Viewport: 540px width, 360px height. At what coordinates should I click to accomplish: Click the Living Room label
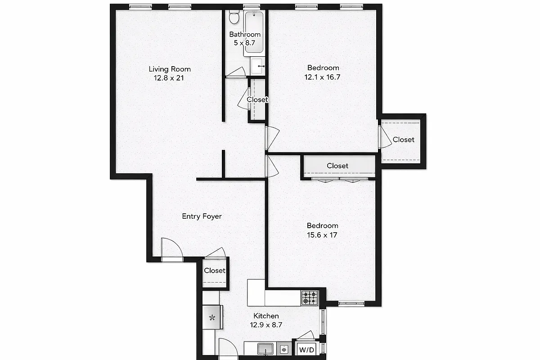(x=170, y=69)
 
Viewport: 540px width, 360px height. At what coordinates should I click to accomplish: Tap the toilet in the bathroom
(x=234, y=18)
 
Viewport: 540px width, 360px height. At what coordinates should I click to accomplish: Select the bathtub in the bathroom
(x=254, y=33)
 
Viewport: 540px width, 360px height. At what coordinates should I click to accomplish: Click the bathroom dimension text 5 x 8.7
(x=245, y=43)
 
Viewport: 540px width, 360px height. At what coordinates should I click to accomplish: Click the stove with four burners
(x=309, y=298)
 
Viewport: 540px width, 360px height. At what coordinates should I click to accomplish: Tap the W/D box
(x=306, y=349)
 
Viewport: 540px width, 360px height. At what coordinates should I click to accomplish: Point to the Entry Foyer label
(x=202, y=216)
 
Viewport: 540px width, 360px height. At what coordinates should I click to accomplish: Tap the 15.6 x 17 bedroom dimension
(x=322, y=235)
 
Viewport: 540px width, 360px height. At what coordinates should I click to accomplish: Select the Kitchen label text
(x=266, y=316)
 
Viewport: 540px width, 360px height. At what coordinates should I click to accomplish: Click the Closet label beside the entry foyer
(x=215, y=270)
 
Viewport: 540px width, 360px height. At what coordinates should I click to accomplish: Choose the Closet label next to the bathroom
(x=257, y=99)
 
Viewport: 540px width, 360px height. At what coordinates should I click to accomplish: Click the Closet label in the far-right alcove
(x=403, y=139)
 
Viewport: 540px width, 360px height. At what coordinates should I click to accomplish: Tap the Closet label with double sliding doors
(x=337, y=166)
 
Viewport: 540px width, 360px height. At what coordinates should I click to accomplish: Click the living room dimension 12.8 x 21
(x=170, y=78)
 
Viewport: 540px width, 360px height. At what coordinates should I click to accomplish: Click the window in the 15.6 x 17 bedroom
(x=351, y=302)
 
